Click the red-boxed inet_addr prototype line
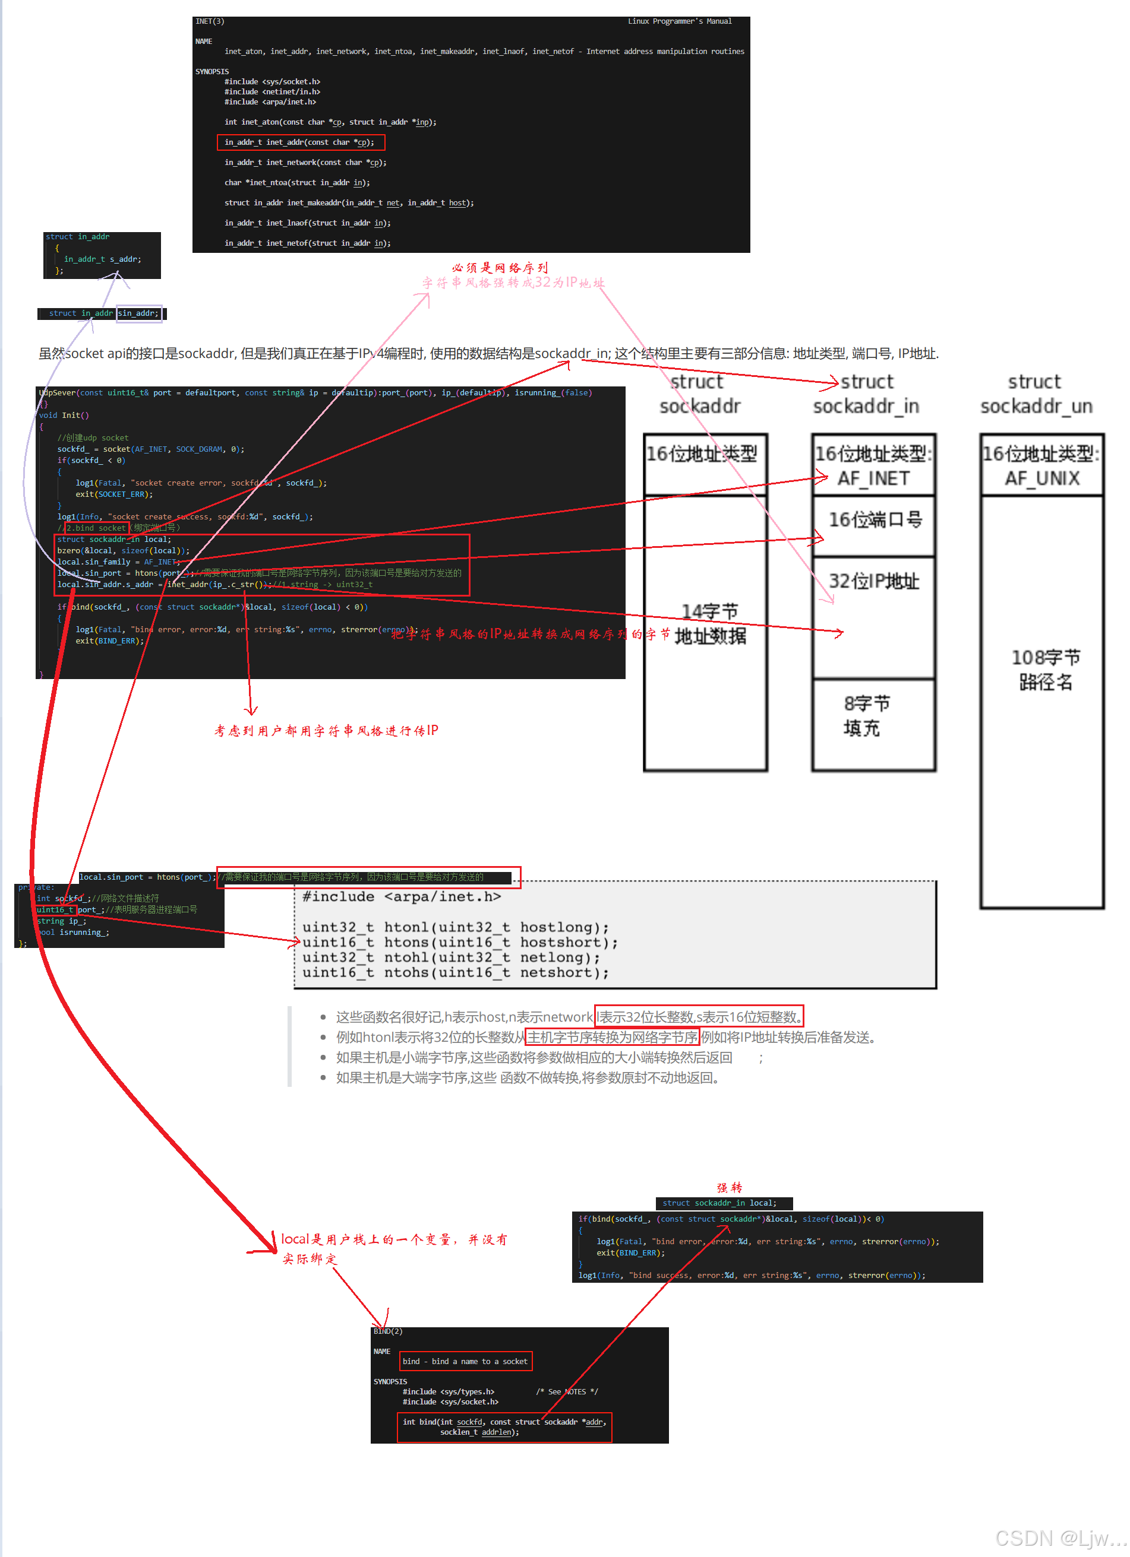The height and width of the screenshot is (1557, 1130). pos(300,142)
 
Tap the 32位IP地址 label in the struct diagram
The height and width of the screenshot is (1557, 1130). pos(873,582)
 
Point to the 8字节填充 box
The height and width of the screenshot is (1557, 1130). pos(866,715)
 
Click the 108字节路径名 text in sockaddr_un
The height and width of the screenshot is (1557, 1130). pos(1045,670)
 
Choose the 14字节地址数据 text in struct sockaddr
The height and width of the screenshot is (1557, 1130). pos(709,623)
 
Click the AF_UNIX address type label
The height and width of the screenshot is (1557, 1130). pos(1041,478)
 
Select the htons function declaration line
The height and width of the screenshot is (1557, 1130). pos(460,943)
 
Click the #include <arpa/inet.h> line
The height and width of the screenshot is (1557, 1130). pos(401,896)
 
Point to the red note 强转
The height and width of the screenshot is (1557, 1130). pos(729,1188)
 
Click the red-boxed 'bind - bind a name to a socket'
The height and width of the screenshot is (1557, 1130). pos(465,1361)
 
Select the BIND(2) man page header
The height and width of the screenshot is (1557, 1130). pos(387,1331)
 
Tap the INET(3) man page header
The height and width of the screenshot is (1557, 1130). pos(210,21)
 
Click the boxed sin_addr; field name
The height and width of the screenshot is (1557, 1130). pos(139,313)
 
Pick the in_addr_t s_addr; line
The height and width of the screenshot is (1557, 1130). pos(102,259)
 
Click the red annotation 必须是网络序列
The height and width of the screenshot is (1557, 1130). pos(500,268)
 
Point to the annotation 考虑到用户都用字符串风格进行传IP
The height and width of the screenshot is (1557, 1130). pos(326,731)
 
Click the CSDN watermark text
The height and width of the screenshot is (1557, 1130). pos(1059,1539)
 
